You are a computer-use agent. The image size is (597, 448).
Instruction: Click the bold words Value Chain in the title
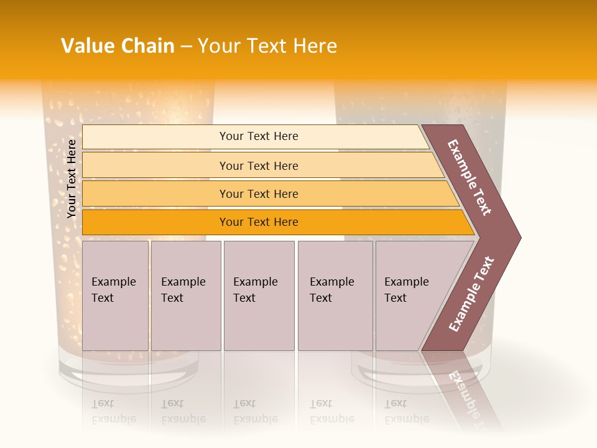[118, 46]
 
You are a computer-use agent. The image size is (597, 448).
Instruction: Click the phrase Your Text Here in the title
[267, 46]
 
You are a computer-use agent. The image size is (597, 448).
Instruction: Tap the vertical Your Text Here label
[72, 179]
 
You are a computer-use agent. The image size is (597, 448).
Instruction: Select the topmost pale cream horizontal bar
[255, 136]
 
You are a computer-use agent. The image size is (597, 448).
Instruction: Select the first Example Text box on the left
[115, 296]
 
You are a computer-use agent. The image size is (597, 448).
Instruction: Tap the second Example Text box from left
[185, 296]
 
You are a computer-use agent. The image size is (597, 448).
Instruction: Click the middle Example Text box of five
[259, 296]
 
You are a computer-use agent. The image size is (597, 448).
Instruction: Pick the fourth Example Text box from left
[335, 296]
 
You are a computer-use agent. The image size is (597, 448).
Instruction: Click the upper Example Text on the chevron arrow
[470, 177]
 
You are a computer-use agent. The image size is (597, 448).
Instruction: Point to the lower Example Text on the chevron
[471, 294]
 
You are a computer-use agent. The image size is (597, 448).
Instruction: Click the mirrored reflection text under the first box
[113, 411]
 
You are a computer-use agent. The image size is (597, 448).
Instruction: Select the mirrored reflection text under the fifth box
[407, 411]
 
